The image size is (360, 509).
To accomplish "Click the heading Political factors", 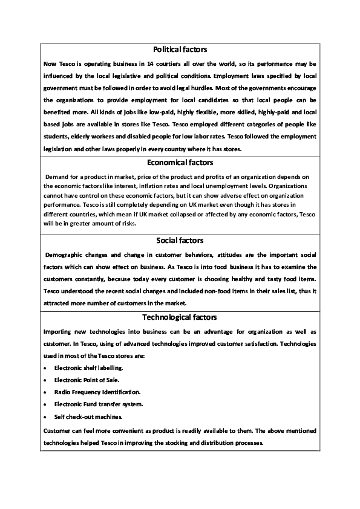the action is point(180,49).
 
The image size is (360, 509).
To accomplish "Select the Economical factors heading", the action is point(180,162).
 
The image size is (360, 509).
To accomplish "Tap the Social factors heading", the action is point(180,241).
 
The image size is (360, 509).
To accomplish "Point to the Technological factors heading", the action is point(180,317).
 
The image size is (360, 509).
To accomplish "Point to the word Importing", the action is point(59,332).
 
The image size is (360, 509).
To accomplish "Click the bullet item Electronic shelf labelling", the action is point(88,367).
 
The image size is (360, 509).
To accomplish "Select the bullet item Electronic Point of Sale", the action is point(86,380).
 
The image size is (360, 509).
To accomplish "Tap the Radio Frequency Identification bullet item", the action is point(97,392).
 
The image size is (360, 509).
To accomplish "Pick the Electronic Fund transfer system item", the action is point(98,404).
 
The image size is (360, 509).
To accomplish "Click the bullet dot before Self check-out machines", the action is point(47,417).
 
